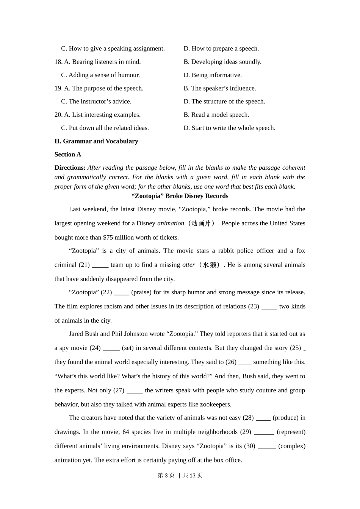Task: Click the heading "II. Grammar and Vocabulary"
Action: point(96,141)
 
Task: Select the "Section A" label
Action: point(68,155)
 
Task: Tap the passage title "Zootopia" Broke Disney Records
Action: point(180,196)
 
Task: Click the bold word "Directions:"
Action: point(70,168)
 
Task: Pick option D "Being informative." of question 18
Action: point(213,75)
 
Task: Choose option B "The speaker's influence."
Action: point(220,88)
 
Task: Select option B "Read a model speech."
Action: point(216,115)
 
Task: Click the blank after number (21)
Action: point(100,265)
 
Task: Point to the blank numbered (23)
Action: point(269,307)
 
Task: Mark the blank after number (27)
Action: point(135,390)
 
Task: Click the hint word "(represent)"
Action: point(291,432)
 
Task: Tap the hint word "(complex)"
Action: point(291,446)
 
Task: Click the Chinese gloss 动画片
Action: point(201,223)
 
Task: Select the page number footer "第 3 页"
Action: point(166,475)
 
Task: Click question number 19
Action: point(58,88)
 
